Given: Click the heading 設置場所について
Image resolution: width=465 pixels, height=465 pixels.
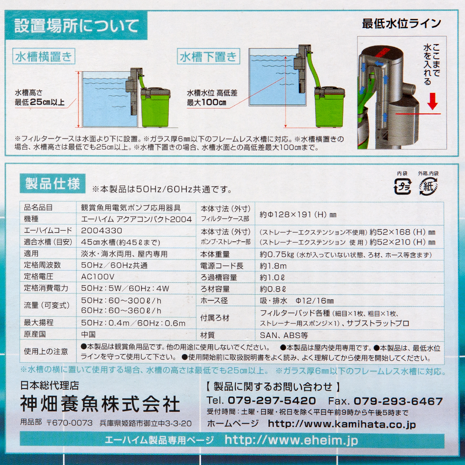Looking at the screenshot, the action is [77, 26].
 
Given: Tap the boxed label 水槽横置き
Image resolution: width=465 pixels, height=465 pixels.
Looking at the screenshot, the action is [44, 56].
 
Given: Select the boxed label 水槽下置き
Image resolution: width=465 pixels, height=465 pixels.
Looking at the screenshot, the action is [208, 56].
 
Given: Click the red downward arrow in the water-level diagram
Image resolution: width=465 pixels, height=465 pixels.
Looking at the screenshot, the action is [432, 101].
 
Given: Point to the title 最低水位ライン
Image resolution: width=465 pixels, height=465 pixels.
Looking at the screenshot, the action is [402, 23].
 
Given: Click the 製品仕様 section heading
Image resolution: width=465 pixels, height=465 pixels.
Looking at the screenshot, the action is [53, 184].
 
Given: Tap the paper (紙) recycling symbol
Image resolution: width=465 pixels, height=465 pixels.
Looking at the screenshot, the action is [428, 186].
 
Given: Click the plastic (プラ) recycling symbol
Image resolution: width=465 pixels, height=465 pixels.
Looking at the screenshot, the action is [402, 186].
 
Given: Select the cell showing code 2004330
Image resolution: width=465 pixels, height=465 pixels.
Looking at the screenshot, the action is [102, 231].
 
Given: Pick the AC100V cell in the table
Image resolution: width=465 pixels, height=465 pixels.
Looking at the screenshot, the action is [98, 277].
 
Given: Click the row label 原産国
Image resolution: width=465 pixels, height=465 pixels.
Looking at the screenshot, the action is [35, 334].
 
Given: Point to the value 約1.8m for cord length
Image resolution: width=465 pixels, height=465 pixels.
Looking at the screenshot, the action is [273, 266].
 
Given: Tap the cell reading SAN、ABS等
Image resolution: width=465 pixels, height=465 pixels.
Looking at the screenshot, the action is [284, 335].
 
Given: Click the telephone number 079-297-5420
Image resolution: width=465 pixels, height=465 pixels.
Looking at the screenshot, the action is [272, 401].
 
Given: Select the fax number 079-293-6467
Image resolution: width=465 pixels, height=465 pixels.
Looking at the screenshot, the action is [399, 401].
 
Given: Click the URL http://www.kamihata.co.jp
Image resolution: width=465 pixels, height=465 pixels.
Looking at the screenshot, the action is [342, 424].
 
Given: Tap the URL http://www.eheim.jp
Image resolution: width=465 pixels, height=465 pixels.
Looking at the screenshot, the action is [292, 440].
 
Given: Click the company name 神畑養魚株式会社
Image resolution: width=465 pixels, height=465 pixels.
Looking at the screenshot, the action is [100, 404].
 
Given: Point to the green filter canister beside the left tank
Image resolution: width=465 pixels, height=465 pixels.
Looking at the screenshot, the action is [155, 106].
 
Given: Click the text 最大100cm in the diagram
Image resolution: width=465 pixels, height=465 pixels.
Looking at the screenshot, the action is [206, 103].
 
